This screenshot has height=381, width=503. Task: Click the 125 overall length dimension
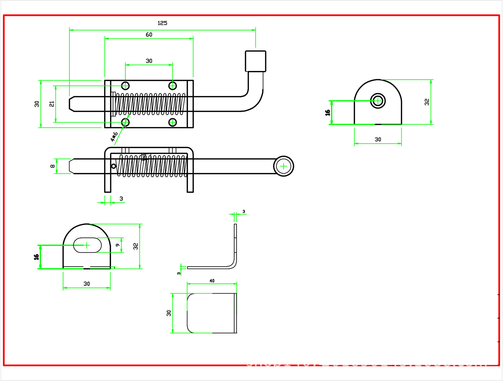[x=162, y=23]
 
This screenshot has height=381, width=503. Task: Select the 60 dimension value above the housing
[x=149, y=35]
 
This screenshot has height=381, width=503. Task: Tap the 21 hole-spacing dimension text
[x=52, y=104]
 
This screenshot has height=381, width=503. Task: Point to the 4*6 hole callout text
[x=114, y=137]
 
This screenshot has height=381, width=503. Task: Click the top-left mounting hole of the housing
[x=125, y=86]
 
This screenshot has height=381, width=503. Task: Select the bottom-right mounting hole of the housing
[x=172, y=122]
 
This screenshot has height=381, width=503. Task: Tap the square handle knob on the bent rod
[x=255, y=61]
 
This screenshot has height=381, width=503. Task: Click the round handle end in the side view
[x=283, y=166]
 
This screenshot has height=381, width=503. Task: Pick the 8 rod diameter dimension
[x=53, y=166]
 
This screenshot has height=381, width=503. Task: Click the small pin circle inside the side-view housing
[x=114, y=166]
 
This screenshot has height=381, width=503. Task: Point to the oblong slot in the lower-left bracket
[x=87, y=245]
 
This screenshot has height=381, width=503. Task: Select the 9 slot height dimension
[x=118, y=245]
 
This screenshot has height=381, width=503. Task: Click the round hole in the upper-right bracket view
[x=378, y=101]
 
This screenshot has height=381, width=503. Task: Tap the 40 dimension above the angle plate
[x=212, y=281]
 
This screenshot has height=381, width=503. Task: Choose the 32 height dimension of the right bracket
[x=427, y=102]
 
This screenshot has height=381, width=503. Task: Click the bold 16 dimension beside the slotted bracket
[x=36, y=257]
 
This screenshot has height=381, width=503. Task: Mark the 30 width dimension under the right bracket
[x=378, y=140]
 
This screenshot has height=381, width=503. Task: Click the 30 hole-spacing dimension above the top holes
[x=149, y=61]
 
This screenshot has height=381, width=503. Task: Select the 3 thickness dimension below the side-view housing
[x=121, y=199]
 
